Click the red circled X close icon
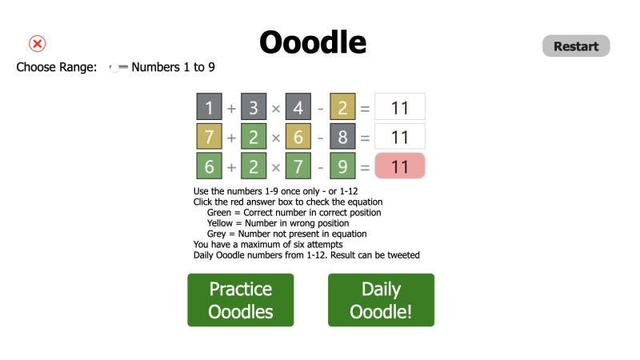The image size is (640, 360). tap(38, 44)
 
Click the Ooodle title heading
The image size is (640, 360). tap(313, 42)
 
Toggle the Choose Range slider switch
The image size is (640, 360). tap(118, 68)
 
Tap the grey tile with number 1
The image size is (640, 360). tap(209, 107)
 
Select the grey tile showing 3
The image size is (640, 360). tap(254, 107)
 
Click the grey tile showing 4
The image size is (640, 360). tap(298, 107)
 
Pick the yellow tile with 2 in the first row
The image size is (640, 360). tap(342, 107)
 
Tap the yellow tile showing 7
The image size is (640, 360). tap(209, 137)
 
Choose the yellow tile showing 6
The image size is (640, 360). tap(298, 137)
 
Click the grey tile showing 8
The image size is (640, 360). tap(342, 137)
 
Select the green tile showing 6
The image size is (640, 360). tap(209, 166)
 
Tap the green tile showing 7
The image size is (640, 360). tap(298, 166)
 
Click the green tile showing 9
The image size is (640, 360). tap(342, 166)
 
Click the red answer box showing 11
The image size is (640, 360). tap(400, 166)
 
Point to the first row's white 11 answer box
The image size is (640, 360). tap(400, 107)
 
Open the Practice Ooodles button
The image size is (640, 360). tap(241, 300)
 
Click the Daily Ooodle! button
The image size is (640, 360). tap(381, 300)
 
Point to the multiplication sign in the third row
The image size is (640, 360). tap(276, 167)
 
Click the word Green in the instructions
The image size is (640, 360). tap(219, 213)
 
